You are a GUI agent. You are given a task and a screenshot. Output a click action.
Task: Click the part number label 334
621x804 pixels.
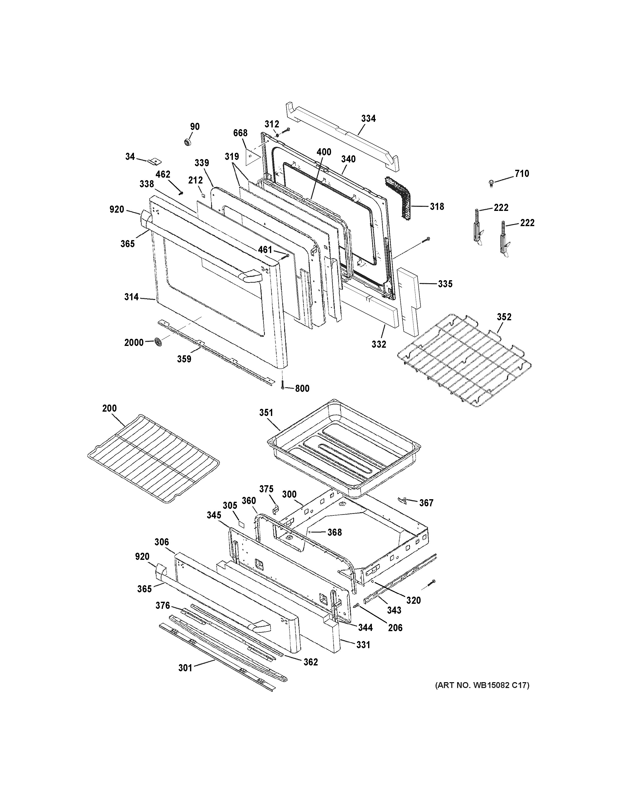click(368, 119)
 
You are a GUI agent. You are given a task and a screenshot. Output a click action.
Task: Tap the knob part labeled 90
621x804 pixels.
click(188, 142)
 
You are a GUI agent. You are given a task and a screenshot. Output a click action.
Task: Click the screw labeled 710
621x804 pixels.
click(492, 183)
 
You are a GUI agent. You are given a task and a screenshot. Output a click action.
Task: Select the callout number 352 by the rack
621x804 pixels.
click(504, 317)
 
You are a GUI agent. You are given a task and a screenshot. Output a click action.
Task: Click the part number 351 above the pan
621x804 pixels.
click(266, 413)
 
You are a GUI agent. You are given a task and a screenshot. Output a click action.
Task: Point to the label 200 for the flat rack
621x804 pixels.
click(110, 408)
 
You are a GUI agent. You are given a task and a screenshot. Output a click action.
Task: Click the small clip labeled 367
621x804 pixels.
click(403, 500)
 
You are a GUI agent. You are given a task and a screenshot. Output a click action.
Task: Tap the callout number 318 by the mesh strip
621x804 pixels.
click(437, 207)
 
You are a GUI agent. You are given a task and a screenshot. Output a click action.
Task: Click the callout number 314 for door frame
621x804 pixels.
click(131, 297)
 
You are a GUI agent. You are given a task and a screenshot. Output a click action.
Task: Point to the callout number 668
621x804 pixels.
click(240, 133)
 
